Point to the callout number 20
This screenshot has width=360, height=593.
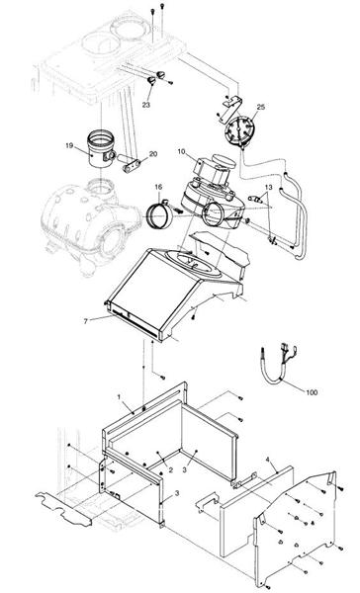[153, 154]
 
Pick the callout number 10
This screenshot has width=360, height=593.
[181, 152]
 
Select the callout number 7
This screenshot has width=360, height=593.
[87, 320]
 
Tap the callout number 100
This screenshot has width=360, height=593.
[312, 392]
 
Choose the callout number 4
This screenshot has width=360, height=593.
[268, 460]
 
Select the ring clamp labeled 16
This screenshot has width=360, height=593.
[161, 211]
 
